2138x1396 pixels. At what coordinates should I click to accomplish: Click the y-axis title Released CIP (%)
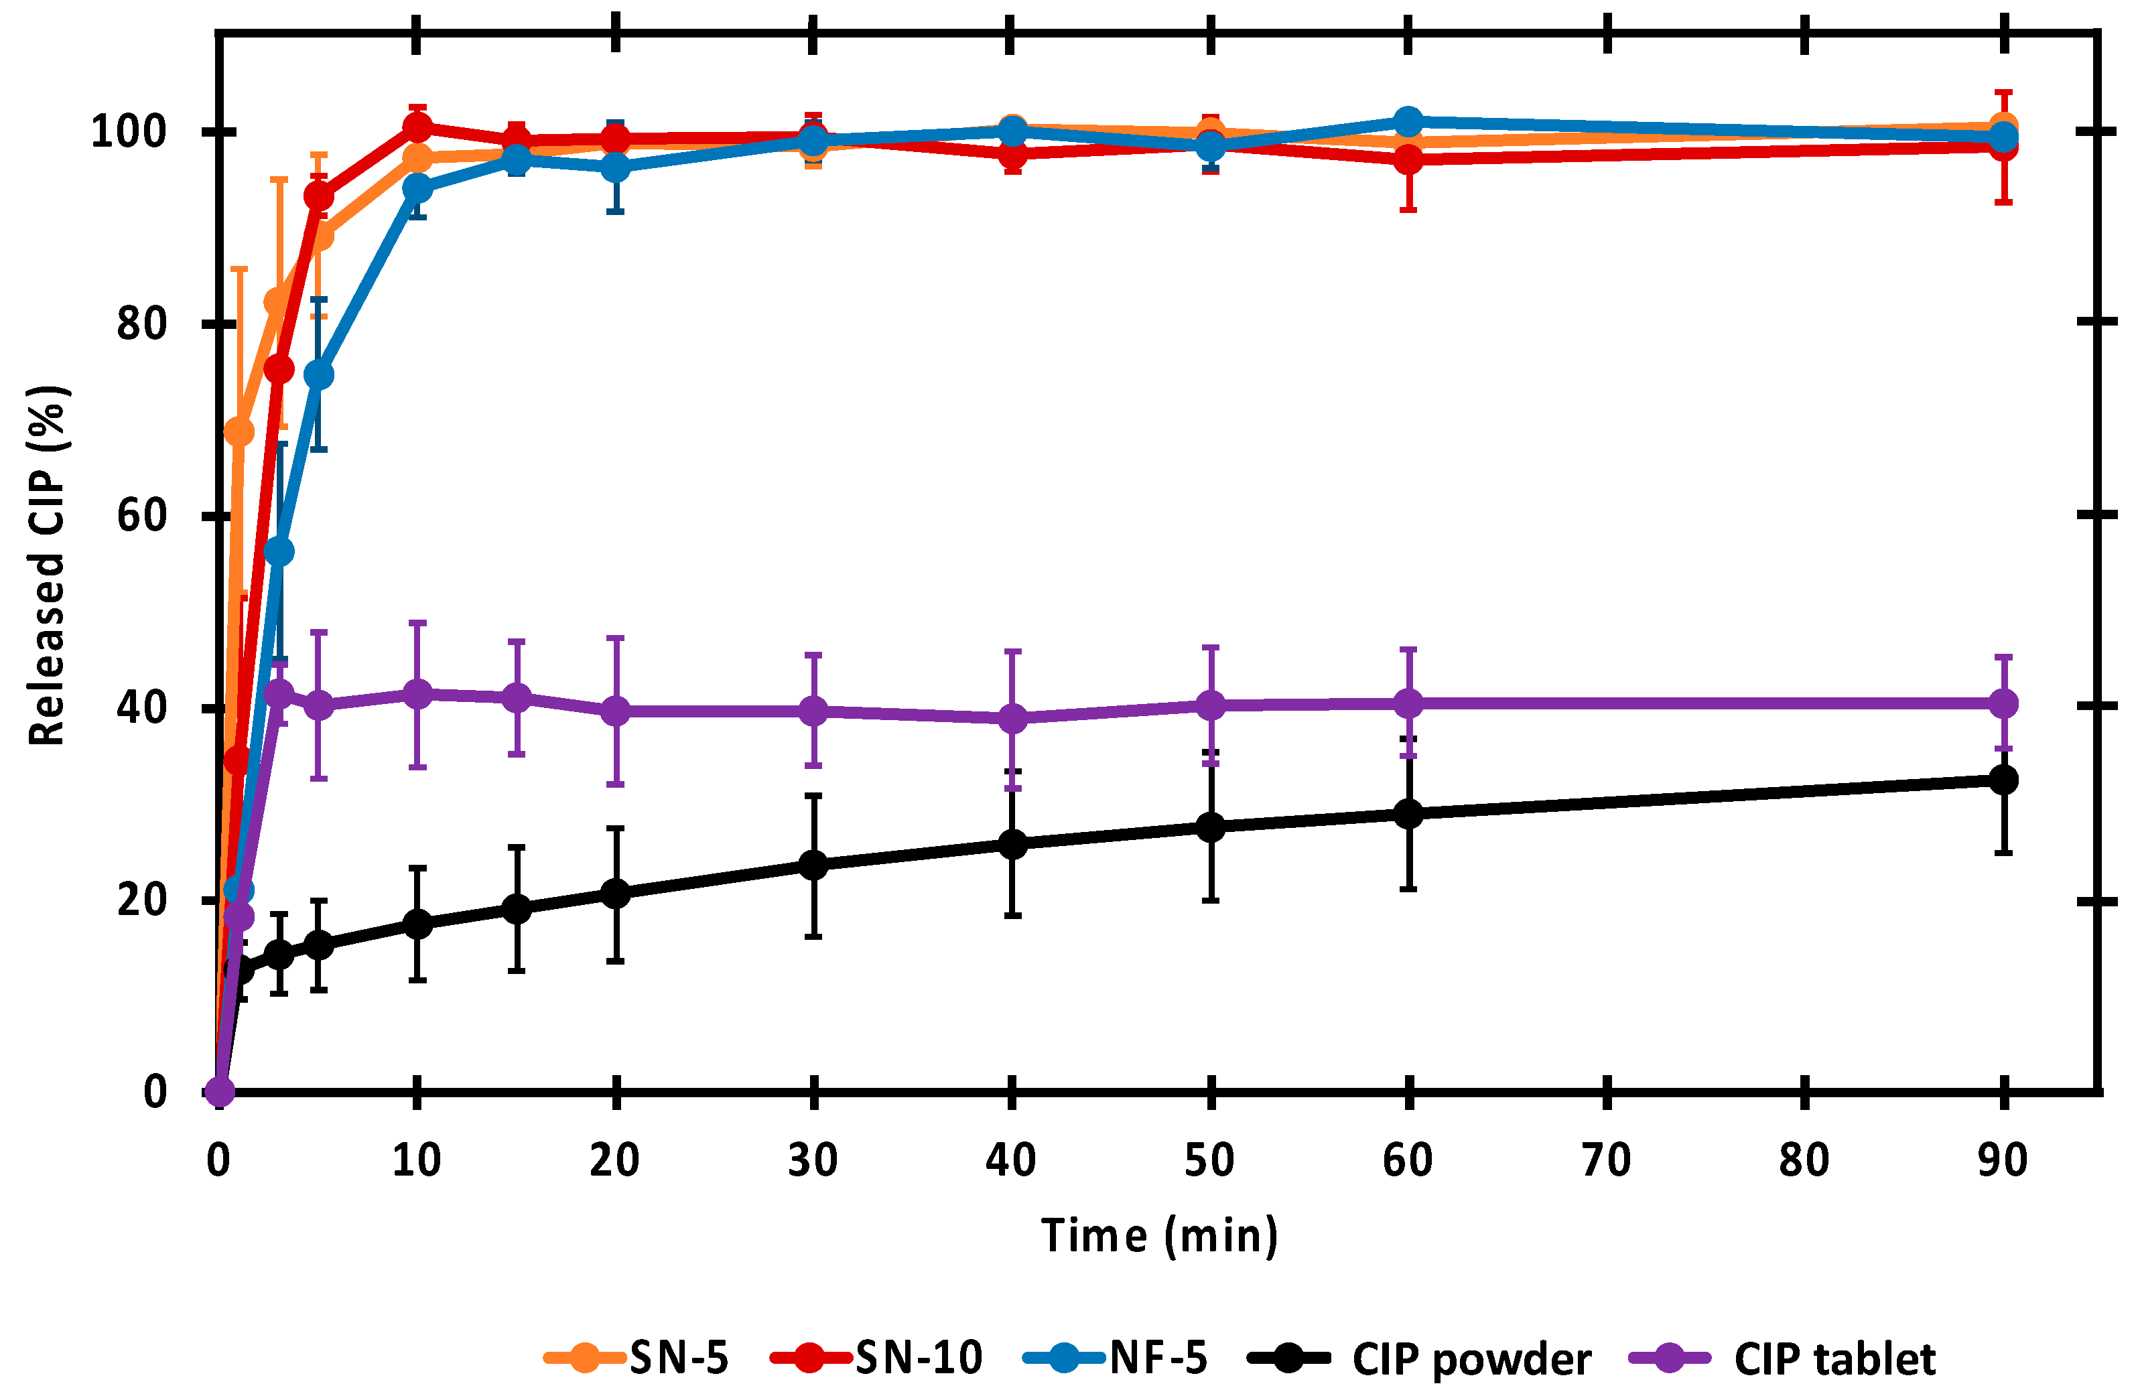coord(47,566)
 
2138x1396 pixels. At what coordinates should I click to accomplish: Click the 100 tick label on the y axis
coord(129,132)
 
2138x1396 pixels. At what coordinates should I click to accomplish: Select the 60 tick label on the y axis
coord(142,516)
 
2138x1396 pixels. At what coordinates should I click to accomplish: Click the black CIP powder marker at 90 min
coord(2003,780)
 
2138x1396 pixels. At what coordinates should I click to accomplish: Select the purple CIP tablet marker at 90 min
coord(2003,703)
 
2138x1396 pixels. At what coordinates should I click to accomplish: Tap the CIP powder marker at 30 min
coord(813,865)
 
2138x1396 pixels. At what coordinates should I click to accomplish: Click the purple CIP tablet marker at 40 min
coord(1012,719)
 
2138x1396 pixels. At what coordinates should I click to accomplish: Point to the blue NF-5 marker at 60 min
coord(1408,121)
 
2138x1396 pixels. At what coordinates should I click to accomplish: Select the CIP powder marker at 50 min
coord(1211,827)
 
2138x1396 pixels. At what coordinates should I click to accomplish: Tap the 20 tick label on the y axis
coord(142,900)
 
